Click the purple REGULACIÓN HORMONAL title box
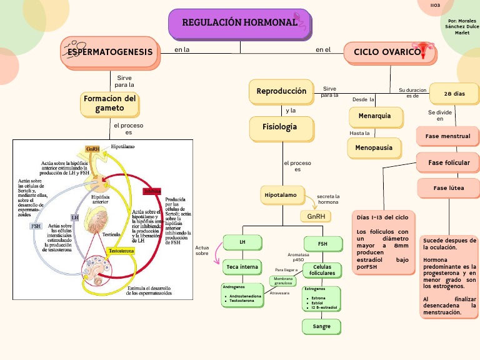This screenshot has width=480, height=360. (239, 23)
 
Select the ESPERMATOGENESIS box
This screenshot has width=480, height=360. (110, 52)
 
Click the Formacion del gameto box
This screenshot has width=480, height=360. (109, 104)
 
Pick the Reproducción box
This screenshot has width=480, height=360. (281, 91)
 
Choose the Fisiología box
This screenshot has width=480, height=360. (281, 127)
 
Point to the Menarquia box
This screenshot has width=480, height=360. (374, 117)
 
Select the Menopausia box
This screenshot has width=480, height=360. (374, 148)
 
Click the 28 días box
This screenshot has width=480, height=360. (454, 94)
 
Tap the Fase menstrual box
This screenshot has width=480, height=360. (447, 136)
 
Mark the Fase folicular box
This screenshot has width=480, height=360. (449, 163)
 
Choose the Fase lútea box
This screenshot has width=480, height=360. (449, 188)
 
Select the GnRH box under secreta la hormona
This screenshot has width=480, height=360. (316, 216)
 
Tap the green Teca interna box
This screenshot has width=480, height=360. (242, 267)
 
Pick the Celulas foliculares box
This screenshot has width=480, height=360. (322, 270)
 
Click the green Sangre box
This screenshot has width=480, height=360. (322, 326)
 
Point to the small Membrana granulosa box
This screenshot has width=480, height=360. (282, 281)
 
